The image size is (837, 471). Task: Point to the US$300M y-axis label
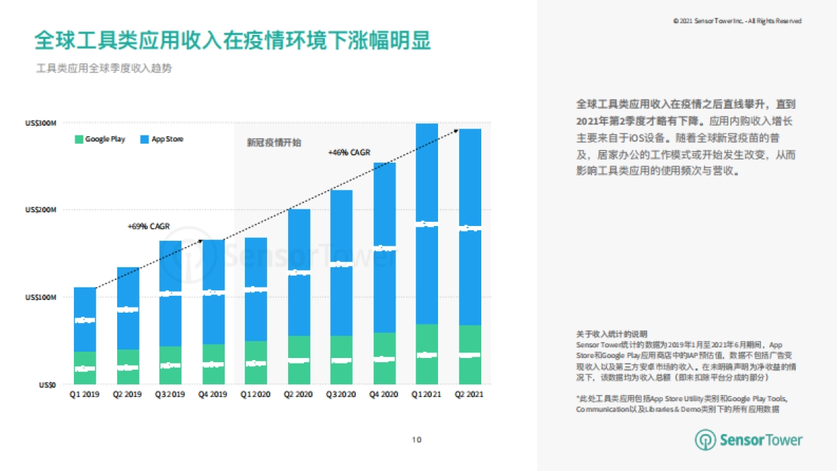[40, 124]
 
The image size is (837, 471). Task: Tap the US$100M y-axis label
[40, 297]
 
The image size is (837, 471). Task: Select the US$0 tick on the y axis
[47, 384]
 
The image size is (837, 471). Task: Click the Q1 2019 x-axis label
[84, 394]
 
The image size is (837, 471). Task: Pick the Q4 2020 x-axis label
[384, 394]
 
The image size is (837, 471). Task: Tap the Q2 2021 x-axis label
[469, 394]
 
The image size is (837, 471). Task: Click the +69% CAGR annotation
[149, 226]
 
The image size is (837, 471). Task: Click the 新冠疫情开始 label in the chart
[274, 142]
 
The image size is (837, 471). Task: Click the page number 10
[417, 440]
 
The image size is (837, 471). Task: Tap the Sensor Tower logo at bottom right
[748, 440]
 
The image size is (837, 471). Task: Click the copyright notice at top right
[737, 22]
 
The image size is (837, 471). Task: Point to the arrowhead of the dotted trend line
[456, 130]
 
